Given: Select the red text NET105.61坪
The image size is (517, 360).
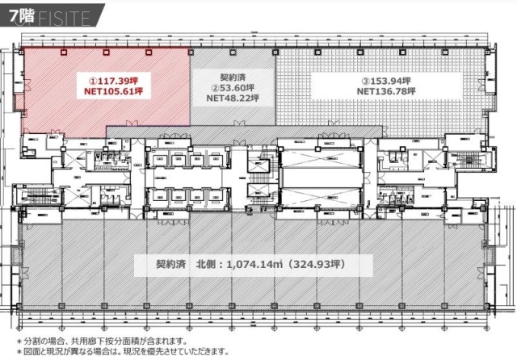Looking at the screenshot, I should click(x=115, y=92).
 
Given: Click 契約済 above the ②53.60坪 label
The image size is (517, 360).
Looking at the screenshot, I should click(x=233, y=77).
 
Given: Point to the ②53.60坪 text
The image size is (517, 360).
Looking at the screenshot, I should click(x=233, y=88).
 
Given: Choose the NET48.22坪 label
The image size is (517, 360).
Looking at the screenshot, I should click(x=233, y=98).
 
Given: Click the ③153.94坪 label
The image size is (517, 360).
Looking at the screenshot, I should click(x=386, y=81).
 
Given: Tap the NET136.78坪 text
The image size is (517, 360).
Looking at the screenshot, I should click(x=386, y=92).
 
